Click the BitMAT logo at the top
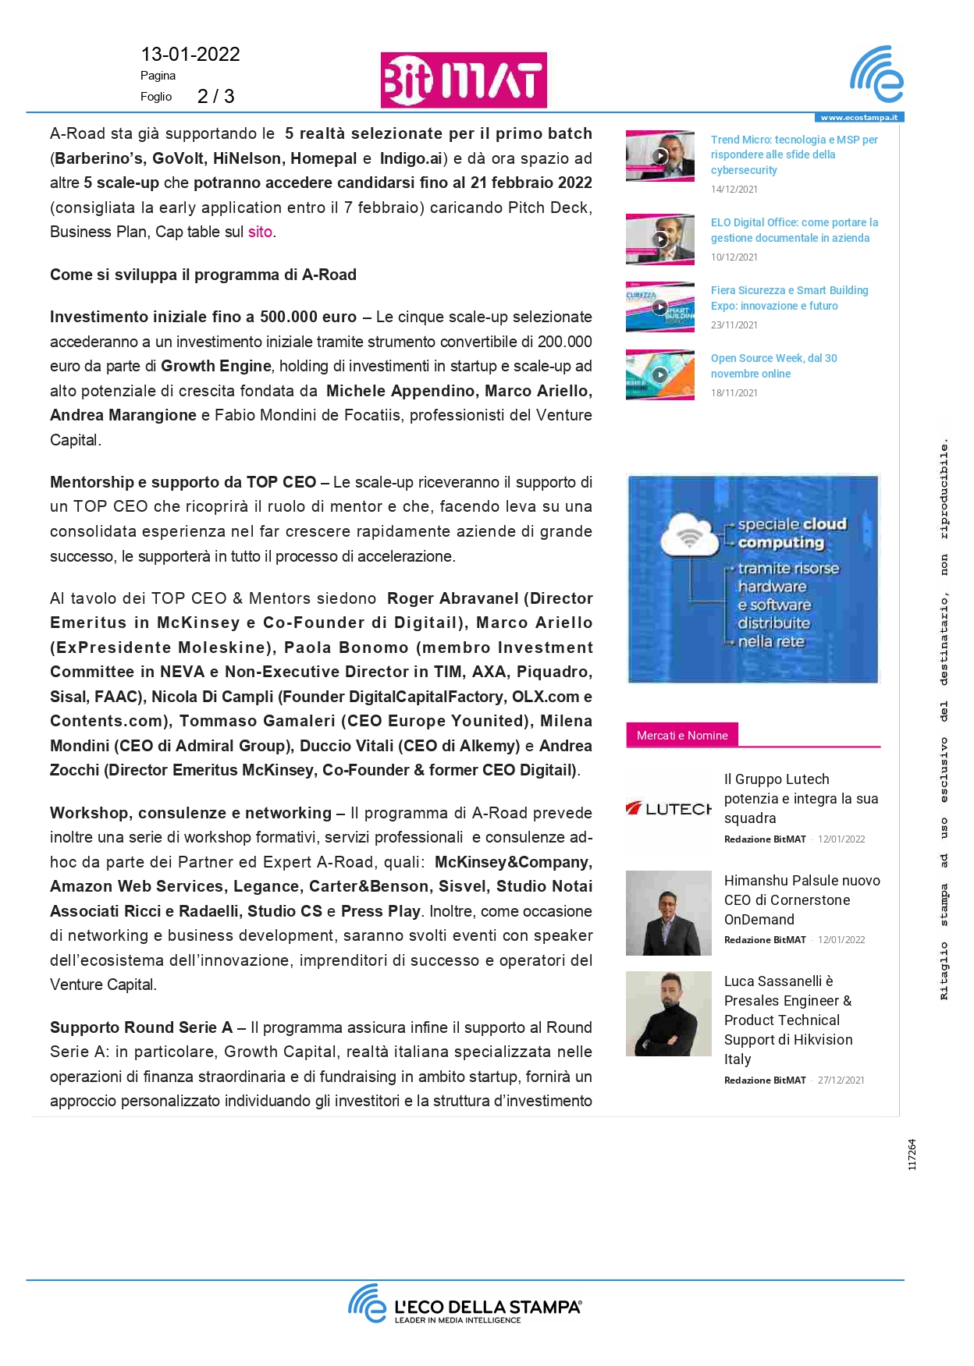[464, 80]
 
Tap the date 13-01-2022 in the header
[190, 55]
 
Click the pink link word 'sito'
[260, 232]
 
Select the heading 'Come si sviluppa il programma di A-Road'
[203, 275]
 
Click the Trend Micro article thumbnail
[659, 156]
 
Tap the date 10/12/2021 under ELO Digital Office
[734, 257]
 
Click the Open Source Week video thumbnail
[659, 374]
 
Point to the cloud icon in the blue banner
[688, 536]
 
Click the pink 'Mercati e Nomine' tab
[682, 736]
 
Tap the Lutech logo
[668, 809]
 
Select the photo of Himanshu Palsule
[668, 913]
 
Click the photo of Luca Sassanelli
[668, 1013]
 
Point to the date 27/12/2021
[841, 1080]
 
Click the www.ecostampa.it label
[858, 118]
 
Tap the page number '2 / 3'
[215, 97]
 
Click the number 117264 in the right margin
[912, 1155]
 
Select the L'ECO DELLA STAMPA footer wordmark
[487, 1307]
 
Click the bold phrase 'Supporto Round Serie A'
[141, 1028]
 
